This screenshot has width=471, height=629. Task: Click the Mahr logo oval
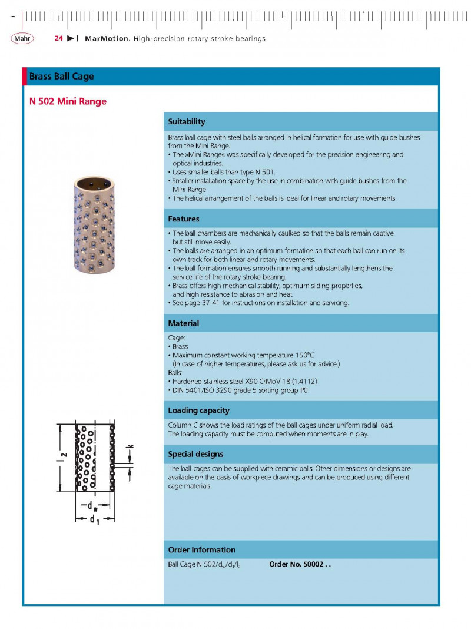pyautogui.click(x=22, y=38)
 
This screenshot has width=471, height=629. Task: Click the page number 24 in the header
pyautogui.click(x=58, y=38)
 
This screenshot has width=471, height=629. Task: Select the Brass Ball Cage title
pyautogui.click(x=62, y=77)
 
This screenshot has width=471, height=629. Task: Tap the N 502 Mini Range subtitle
pyautogui.click(x=68, y=101)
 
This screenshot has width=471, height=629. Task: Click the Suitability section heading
pyautogui.click(x=187, y=122)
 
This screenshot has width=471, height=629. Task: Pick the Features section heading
pyautogui.click(x=184, y=219)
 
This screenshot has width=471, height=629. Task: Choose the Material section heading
pyautogui.click(x=184, y=323)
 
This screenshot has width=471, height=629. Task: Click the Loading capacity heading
pyautogui.click(x=198, y=410)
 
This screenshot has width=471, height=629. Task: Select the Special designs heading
pyautogui.click(x=195, y=454)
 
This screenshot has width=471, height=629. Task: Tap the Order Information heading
pyautogui.click(x=201, y=550)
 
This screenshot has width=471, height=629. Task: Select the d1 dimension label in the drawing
pyautogui.click(x=94, y=520)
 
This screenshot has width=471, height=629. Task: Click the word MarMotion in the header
pyautogui.click(x=107, y=38)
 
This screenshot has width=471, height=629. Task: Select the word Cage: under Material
pyautogui.click(x=177, y=338)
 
